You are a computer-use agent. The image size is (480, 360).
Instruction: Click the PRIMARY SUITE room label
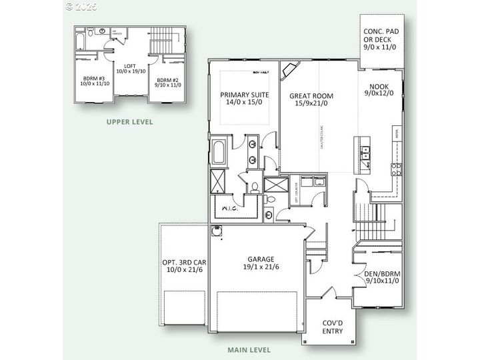(x=243, y=99)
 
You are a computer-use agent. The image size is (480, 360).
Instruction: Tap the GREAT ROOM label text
(x=311, y=100)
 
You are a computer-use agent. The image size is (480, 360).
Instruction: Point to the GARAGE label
(x=261, y=263)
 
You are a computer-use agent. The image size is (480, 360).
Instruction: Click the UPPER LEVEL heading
(x=130, y=122)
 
